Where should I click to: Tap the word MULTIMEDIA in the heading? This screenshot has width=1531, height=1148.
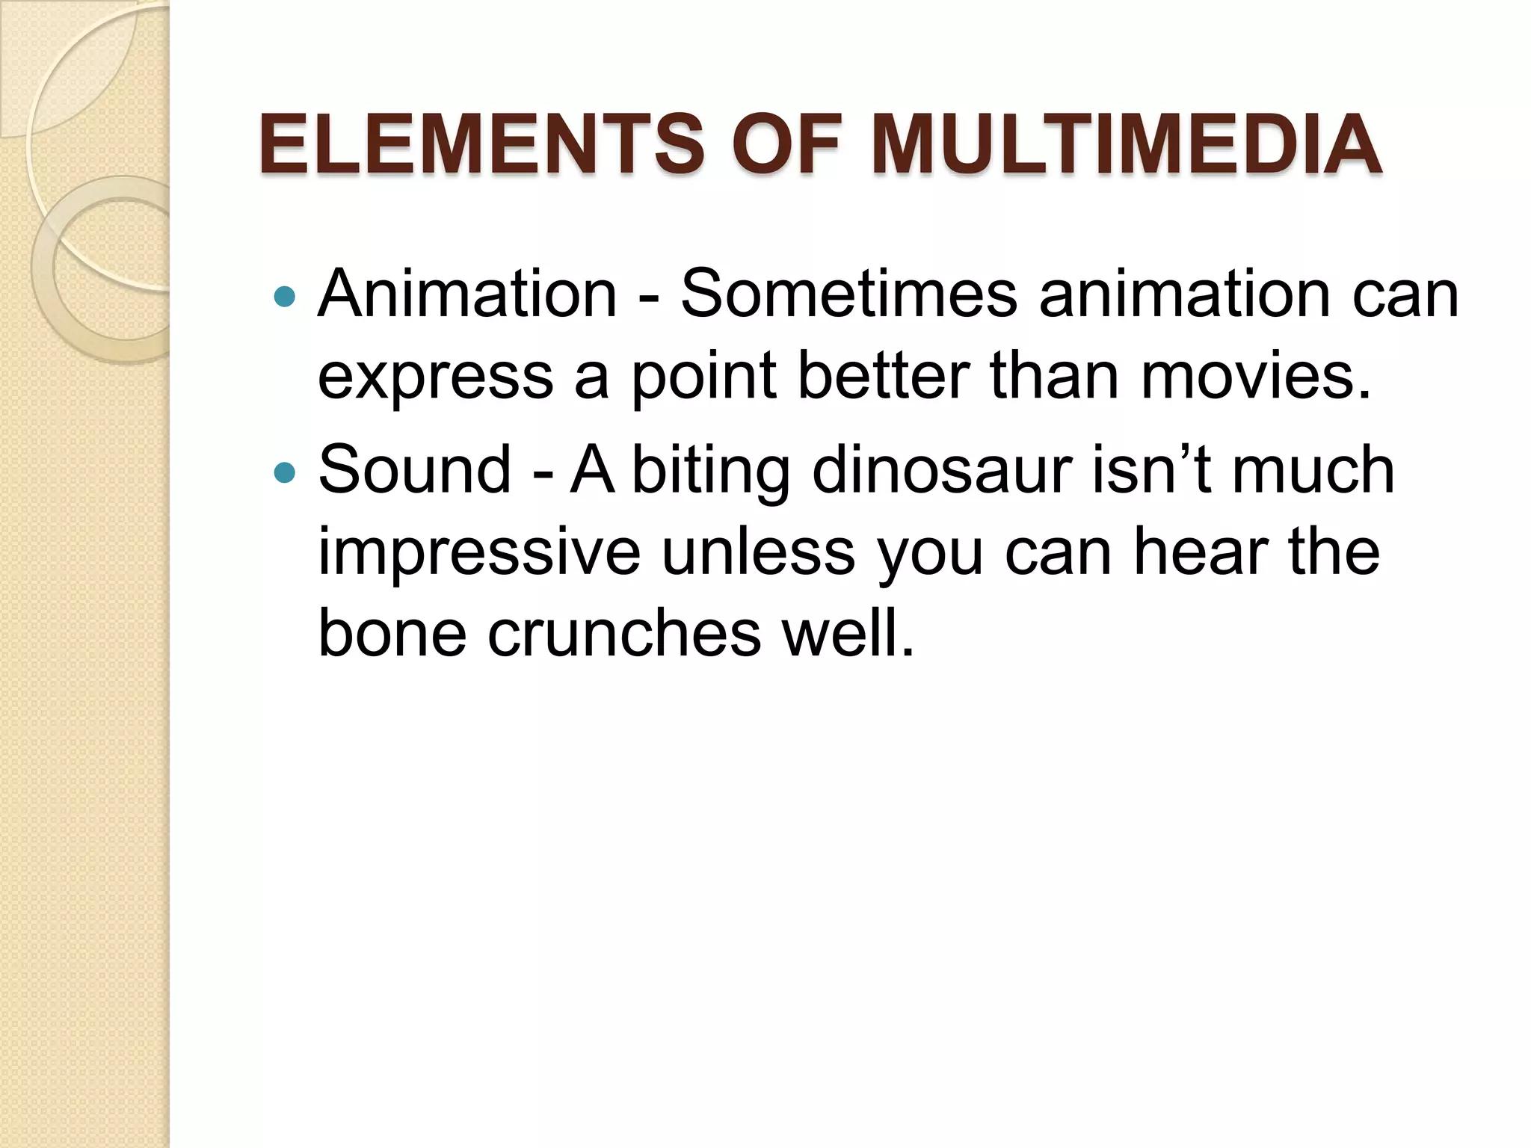[1127, 143]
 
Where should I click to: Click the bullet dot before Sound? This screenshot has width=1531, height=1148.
[286, 472]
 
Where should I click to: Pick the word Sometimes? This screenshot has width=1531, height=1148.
[848, 294]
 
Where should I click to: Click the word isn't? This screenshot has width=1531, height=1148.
[1151, 469]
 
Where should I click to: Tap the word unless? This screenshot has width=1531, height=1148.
[758, 552]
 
